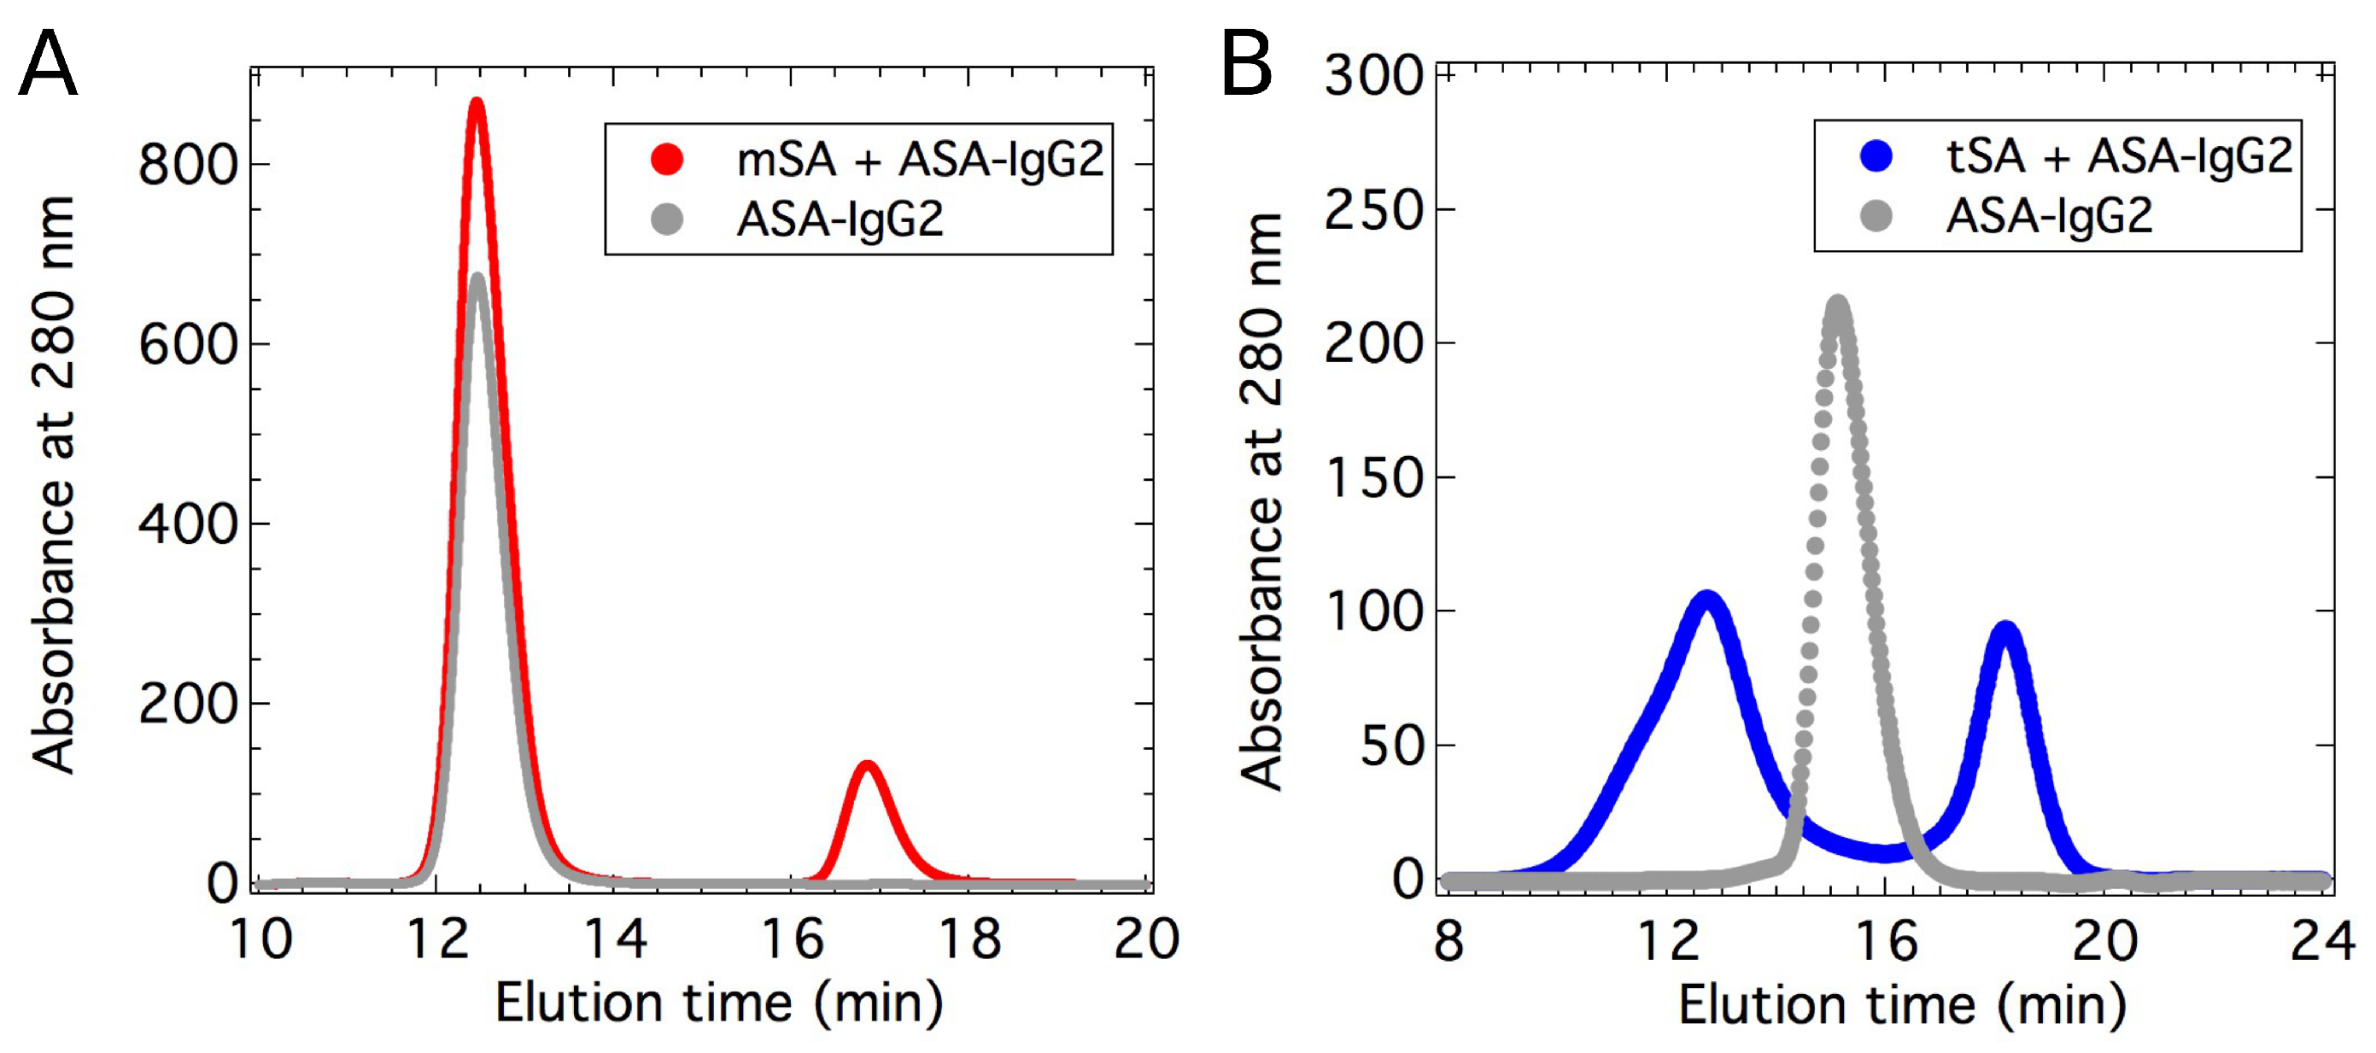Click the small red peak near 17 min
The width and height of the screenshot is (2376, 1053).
tap(867, 766)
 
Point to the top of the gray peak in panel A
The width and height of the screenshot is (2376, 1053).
tap(477, 278)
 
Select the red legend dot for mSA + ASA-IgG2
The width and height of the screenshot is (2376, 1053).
tap(667, 159)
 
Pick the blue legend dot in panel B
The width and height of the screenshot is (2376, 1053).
tap(1876, 155)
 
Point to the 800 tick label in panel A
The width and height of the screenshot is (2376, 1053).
tap(187, 165)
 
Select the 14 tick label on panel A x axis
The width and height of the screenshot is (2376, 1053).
tap(616, 939)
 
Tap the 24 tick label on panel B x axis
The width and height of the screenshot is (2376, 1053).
tap(2322, 940)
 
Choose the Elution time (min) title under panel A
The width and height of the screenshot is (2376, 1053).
tap(719, 1003)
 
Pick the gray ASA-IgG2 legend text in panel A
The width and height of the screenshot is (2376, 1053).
tap(840, 219)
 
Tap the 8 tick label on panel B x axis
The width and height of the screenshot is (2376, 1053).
tap(1449, 940)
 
